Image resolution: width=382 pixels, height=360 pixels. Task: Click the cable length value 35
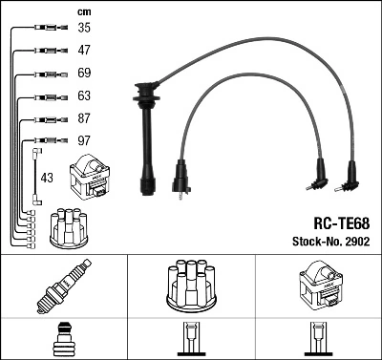(x=85, y=29)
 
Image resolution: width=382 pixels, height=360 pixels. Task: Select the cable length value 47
(x=85, y=50)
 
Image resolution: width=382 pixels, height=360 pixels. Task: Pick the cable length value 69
(x=85, y=73)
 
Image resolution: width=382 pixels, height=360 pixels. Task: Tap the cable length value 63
(x=85, y=95)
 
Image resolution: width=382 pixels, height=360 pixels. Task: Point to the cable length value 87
(x=85, y=118)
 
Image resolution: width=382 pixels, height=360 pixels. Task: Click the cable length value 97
(x=85, y=140)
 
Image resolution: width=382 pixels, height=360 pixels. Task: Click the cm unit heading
(x=83, y=11)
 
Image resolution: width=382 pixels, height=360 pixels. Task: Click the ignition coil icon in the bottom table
(x=318, y=284)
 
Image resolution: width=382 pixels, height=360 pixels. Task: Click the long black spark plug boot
(x=148, y=143)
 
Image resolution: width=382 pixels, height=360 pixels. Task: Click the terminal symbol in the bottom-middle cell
(x=190, y=341)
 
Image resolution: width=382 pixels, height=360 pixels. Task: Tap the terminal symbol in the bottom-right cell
(x=318, y=341)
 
